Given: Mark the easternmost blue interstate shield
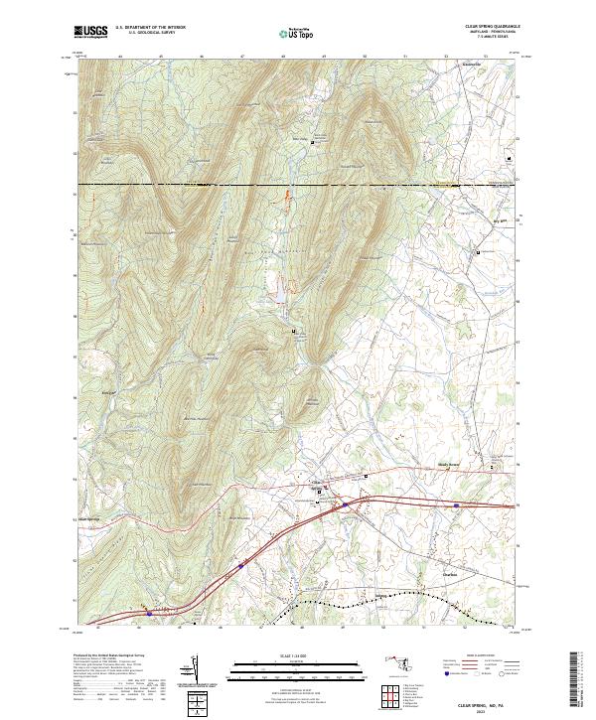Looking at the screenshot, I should click(455, 505).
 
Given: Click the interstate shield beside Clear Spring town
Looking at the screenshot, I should click(346, 504).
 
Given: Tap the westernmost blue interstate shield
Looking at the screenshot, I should click(150, 613).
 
